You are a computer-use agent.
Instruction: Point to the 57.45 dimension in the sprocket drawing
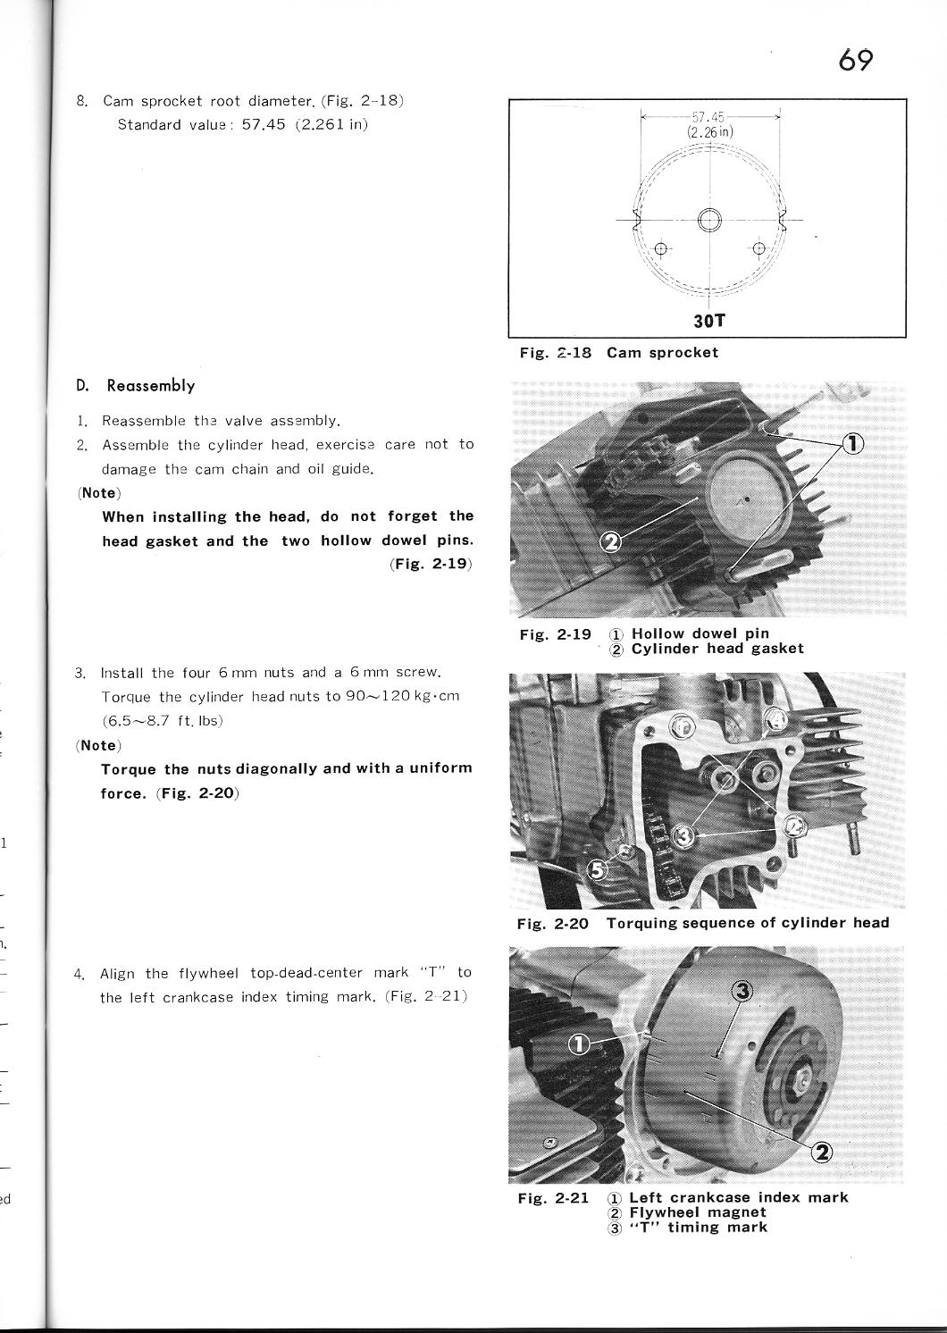[708, 117]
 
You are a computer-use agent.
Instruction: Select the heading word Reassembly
[150, 386]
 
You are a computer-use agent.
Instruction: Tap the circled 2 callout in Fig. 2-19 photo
[612, 541]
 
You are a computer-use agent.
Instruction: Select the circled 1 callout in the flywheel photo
[579, 1044]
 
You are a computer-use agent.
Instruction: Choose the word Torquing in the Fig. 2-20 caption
[641, 923]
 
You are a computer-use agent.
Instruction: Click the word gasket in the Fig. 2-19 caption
[777, 649]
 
